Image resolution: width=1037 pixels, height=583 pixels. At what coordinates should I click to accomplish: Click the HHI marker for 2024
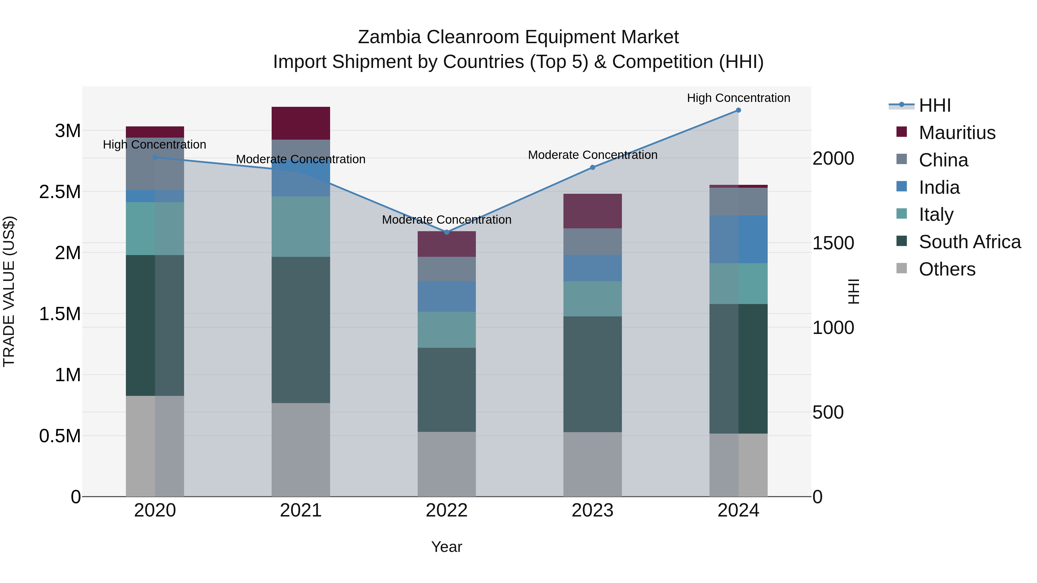738,110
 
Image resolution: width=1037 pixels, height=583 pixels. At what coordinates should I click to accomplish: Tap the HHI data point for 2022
446,232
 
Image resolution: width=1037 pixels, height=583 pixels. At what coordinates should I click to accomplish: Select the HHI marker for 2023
593,167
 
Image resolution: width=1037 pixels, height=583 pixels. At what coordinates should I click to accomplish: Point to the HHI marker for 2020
155,157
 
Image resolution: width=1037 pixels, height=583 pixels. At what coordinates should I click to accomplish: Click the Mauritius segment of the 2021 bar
301,123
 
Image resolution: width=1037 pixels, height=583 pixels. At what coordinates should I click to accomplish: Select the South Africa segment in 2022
446,390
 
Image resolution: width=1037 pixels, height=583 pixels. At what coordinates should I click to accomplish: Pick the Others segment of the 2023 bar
593,464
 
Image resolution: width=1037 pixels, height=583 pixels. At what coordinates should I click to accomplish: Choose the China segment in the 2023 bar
593,242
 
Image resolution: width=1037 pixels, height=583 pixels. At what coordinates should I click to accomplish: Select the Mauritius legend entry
957,133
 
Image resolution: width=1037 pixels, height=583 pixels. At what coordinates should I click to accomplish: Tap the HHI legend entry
935,105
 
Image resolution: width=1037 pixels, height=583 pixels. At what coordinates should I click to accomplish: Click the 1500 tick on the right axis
833,243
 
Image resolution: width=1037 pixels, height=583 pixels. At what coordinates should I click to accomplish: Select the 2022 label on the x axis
446,510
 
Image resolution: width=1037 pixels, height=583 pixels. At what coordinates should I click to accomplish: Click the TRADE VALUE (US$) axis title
9,291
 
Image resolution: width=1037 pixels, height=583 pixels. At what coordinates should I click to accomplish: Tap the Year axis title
446,547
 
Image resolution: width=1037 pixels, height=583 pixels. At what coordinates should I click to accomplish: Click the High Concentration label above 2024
738,98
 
